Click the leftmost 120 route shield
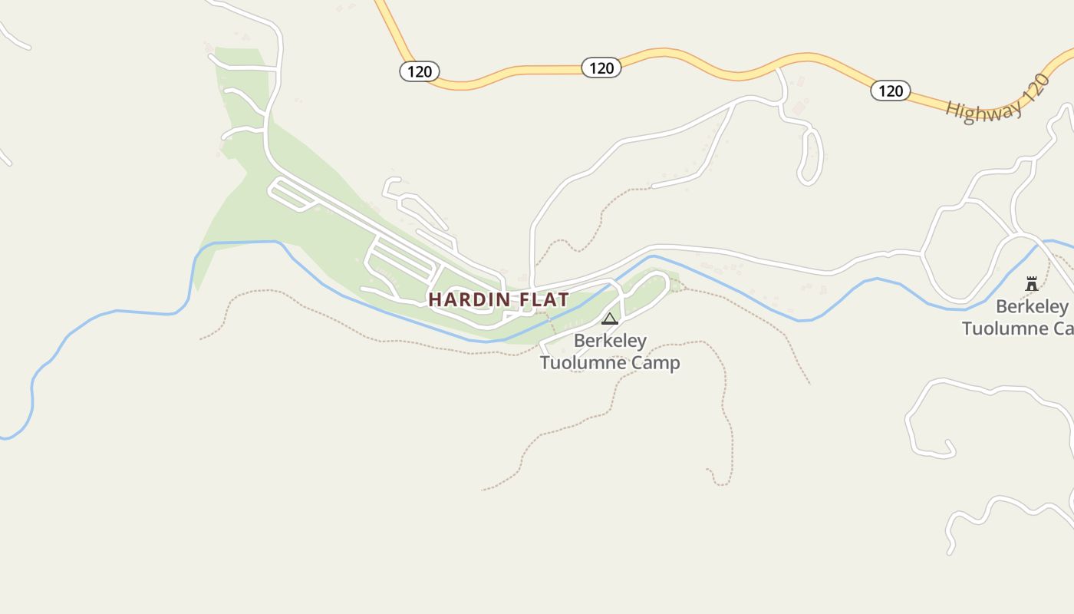420,71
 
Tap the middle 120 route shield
601,68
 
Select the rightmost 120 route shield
890,91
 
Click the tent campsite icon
610,319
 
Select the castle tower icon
1032,283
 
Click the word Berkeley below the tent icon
610,340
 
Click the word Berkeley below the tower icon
1032,307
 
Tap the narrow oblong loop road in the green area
292,194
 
